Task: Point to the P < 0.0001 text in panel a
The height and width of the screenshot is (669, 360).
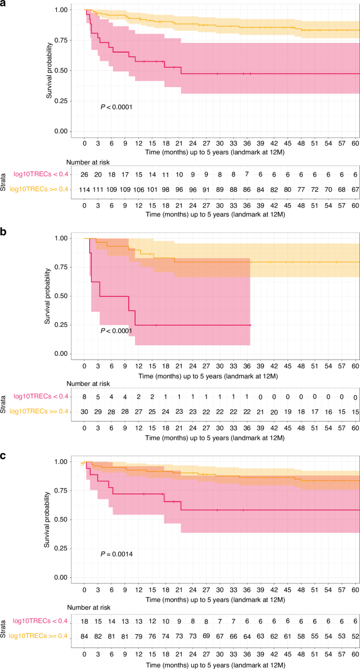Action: click(116, 107)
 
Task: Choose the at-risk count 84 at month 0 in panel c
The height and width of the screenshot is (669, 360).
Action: click(84, 636)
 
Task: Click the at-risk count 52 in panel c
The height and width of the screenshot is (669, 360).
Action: click(355, 636)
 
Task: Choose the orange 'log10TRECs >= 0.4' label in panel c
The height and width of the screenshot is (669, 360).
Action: click(39, 636)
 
